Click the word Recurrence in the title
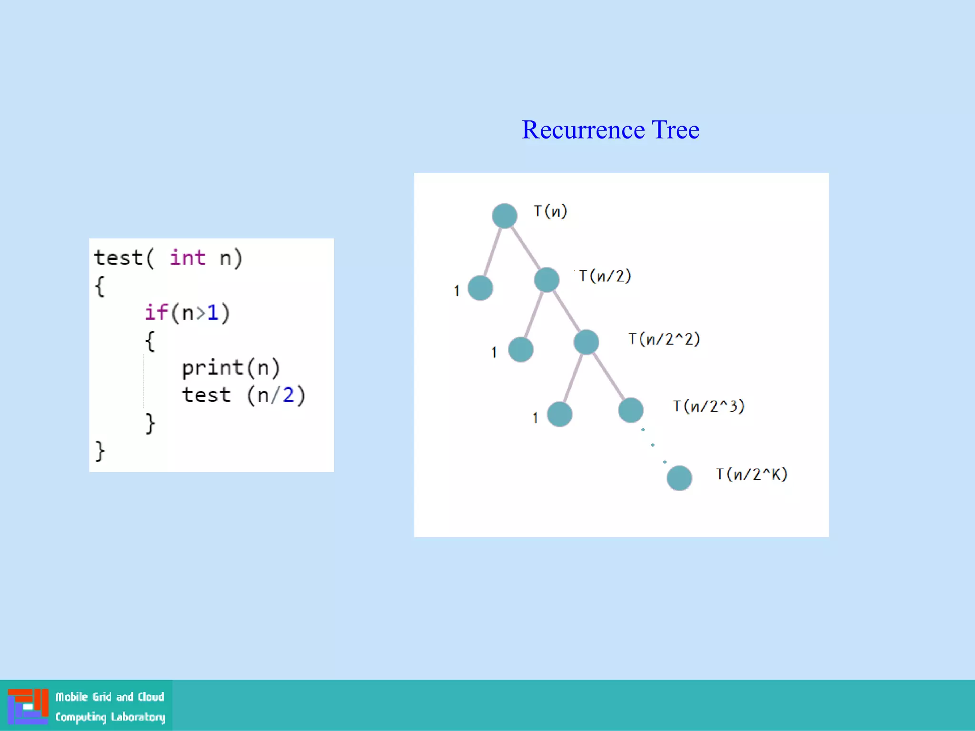tap(583, 129)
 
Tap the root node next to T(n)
tap(505, 216)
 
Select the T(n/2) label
tap(605, 276)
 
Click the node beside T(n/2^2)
tap(586, 342)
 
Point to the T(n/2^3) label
tap(708, 406)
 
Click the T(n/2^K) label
tap(752, 474)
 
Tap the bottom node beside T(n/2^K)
tap(679, 478)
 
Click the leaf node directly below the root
tap(480, 288)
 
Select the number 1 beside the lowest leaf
tap(535, 418)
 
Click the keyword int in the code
tap(188, 258)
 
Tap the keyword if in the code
tap(156, 313)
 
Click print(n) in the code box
tap(231, 368)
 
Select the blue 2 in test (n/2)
tap(289, 395)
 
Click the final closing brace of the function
tap(100, 451)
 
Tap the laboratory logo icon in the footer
tap(28, 706)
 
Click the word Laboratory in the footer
tap(138, 717)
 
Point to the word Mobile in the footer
tap(72, 697)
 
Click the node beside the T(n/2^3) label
tap(631, 410)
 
